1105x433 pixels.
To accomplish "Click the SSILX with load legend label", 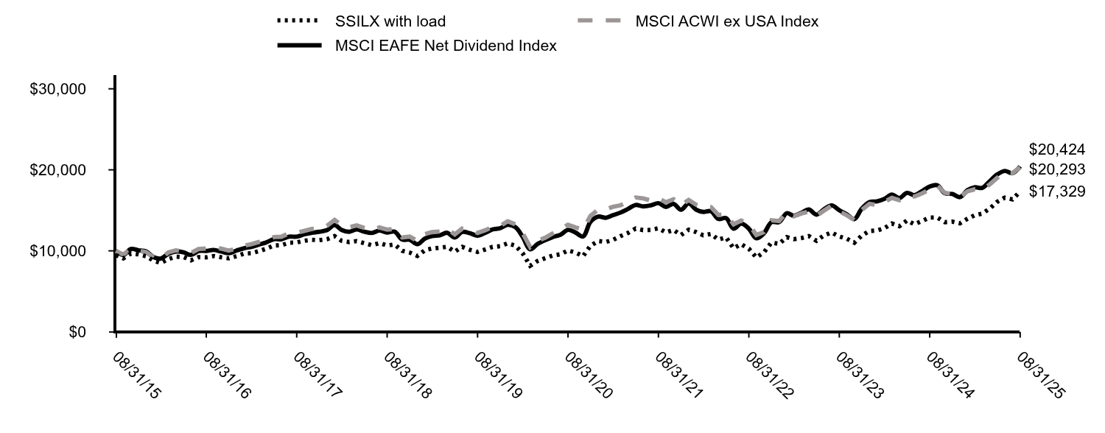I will click(x=390, y=21).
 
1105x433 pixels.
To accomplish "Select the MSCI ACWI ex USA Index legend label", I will click(x=726, y=21).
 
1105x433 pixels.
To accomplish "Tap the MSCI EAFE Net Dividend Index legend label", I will click(x=446, y=46).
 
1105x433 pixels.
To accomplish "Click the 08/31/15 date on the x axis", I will click(x=136, y=375).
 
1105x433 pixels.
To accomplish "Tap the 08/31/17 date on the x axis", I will click(x=317, y=375).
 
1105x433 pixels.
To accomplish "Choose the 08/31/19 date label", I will click(x=498, y=375).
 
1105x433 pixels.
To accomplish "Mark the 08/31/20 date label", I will click(x=588, y=375).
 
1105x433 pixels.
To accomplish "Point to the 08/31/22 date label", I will click(x=769, y=375).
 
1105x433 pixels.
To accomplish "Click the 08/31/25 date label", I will click(x=1040, y=375).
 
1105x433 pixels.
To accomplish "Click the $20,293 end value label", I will click(x=1057, y=169).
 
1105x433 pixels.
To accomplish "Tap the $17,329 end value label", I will click(x=1057, y=191).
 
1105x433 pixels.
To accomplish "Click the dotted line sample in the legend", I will click(x=299, y=21).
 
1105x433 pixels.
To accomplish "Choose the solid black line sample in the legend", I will click(x=299, y=46).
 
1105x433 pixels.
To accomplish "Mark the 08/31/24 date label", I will click(x=950, y=375).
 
